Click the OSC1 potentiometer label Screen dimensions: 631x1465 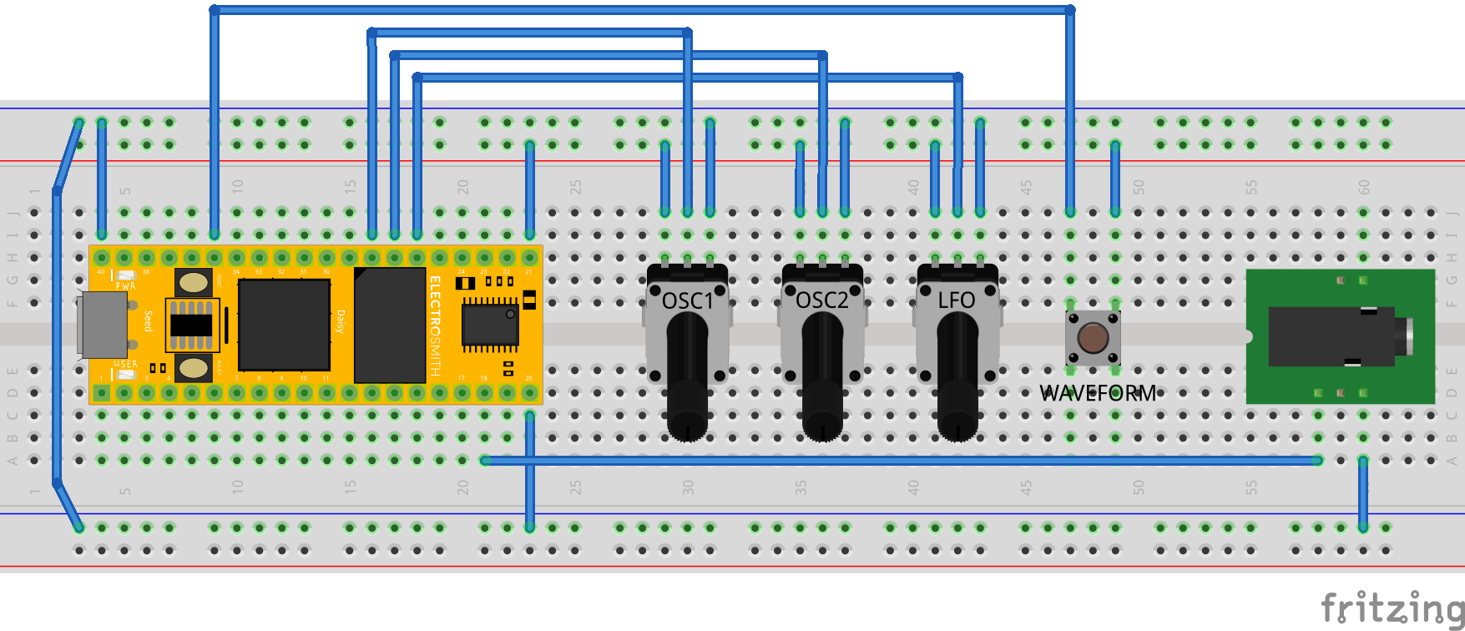click(x=687, y=300)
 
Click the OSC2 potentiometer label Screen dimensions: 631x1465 click(x=822, y=300)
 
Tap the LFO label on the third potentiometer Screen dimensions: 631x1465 click(x=957, y=300)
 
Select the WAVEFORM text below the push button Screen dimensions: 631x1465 click(x=1098, y=393)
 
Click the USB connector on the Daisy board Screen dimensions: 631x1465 click(x=102, y=325)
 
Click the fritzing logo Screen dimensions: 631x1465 click(x=1391, y=607)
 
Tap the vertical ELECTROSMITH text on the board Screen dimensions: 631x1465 click(x=435, y=326)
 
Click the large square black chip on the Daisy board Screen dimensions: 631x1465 click(x=284, y=325)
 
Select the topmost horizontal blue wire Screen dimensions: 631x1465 click(x=643, y=10)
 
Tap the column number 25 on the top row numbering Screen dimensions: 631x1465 click(x=575, y=187)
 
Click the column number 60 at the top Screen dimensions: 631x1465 click(x=1364, y=187)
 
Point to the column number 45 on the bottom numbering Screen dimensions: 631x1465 click(x=1026, y=487)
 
